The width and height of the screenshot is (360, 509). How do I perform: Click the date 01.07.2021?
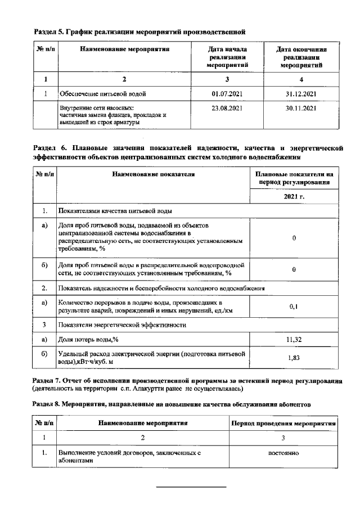(227, 93)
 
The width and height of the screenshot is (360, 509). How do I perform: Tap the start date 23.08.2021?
(227, 107)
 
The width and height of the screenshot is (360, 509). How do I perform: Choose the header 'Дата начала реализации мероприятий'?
(227, 57)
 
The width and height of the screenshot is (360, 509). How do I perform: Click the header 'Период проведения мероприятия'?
(284, 422)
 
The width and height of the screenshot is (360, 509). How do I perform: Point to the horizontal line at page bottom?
(190, 487)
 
